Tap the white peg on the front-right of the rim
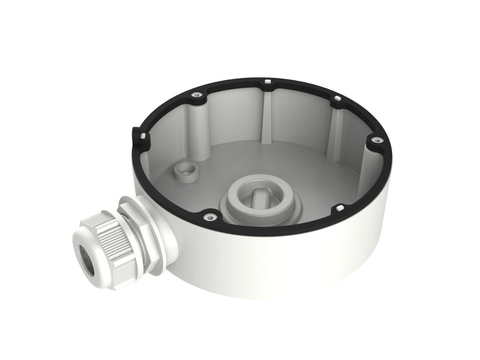(x=339, y=207)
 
